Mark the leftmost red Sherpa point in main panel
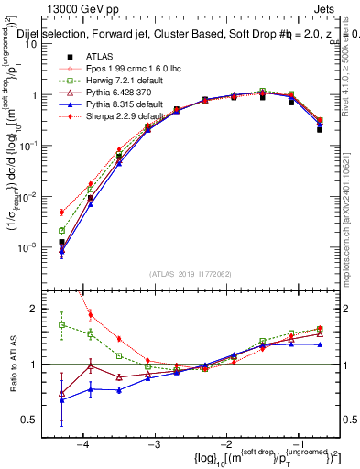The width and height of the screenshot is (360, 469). [61, 212]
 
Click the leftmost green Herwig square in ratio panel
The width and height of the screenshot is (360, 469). [61, 324]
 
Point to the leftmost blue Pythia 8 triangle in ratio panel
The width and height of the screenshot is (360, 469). [61, 400]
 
